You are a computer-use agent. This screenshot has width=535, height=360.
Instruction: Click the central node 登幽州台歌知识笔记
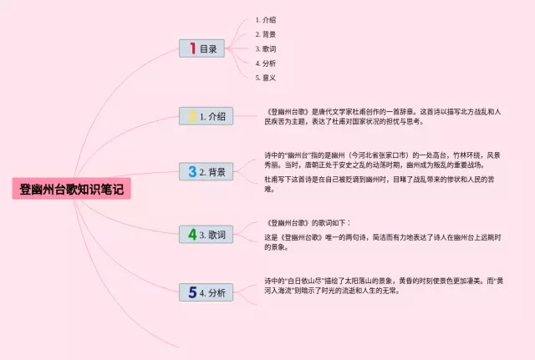pos(71,190)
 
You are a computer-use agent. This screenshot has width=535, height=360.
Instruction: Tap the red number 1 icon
pos(192,48)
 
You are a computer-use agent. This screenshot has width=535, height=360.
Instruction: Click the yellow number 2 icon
pos(192,117)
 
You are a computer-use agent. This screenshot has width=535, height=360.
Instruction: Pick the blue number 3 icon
pos(192,172)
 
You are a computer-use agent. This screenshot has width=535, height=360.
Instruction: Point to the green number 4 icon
pos(192,235)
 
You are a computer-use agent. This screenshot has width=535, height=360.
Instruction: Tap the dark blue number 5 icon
pos(192,292)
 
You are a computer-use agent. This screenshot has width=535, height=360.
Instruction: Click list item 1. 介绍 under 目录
pos(266,19)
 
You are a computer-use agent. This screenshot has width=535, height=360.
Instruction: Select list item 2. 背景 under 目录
pos(266,34)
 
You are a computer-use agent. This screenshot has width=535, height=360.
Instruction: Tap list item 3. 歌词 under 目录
pos(266,48)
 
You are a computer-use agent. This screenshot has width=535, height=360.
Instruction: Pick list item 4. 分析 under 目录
pos(266,63)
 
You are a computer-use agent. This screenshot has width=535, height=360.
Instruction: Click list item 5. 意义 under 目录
pos(266,78)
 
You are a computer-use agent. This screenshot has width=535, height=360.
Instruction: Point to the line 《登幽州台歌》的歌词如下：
pos(308,223)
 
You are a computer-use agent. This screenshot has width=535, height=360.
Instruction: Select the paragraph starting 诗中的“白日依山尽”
pos(383,285)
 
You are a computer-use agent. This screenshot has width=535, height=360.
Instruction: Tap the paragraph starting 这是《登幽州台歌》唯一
pos(382,242)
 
